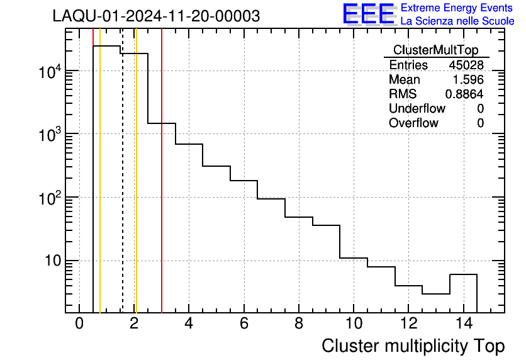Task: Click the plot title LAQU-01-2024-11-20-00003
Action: [x=156, y=16]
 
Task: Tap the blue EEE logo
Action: [x=369, y=14]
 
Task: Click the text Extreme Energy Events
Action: [x=457, y=8]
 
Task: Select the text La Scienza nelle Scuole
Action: [x=457, y=21]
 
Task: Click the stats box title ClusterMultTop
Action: [x=435, y=50]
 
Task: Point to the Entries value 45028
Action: [x=466, y=65]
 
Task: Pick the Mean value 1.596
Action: [x=469, y=80]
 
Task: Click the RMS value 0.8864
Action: [x=464, y=94]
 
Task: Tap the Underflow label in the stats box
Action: [x=417, y=109]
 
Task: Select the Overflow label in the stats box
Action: [x=413, y=123]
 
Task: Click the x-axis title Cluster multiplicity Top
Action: [x=413, y=346]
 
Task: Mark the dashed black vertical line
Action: [x=122, y=189]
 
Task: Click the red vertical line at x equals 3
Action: [x=162, y=189]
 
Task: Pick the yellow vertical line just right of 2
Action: [x=136, y=189]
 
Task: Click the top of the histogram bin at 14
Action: [x=463, y=274]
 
